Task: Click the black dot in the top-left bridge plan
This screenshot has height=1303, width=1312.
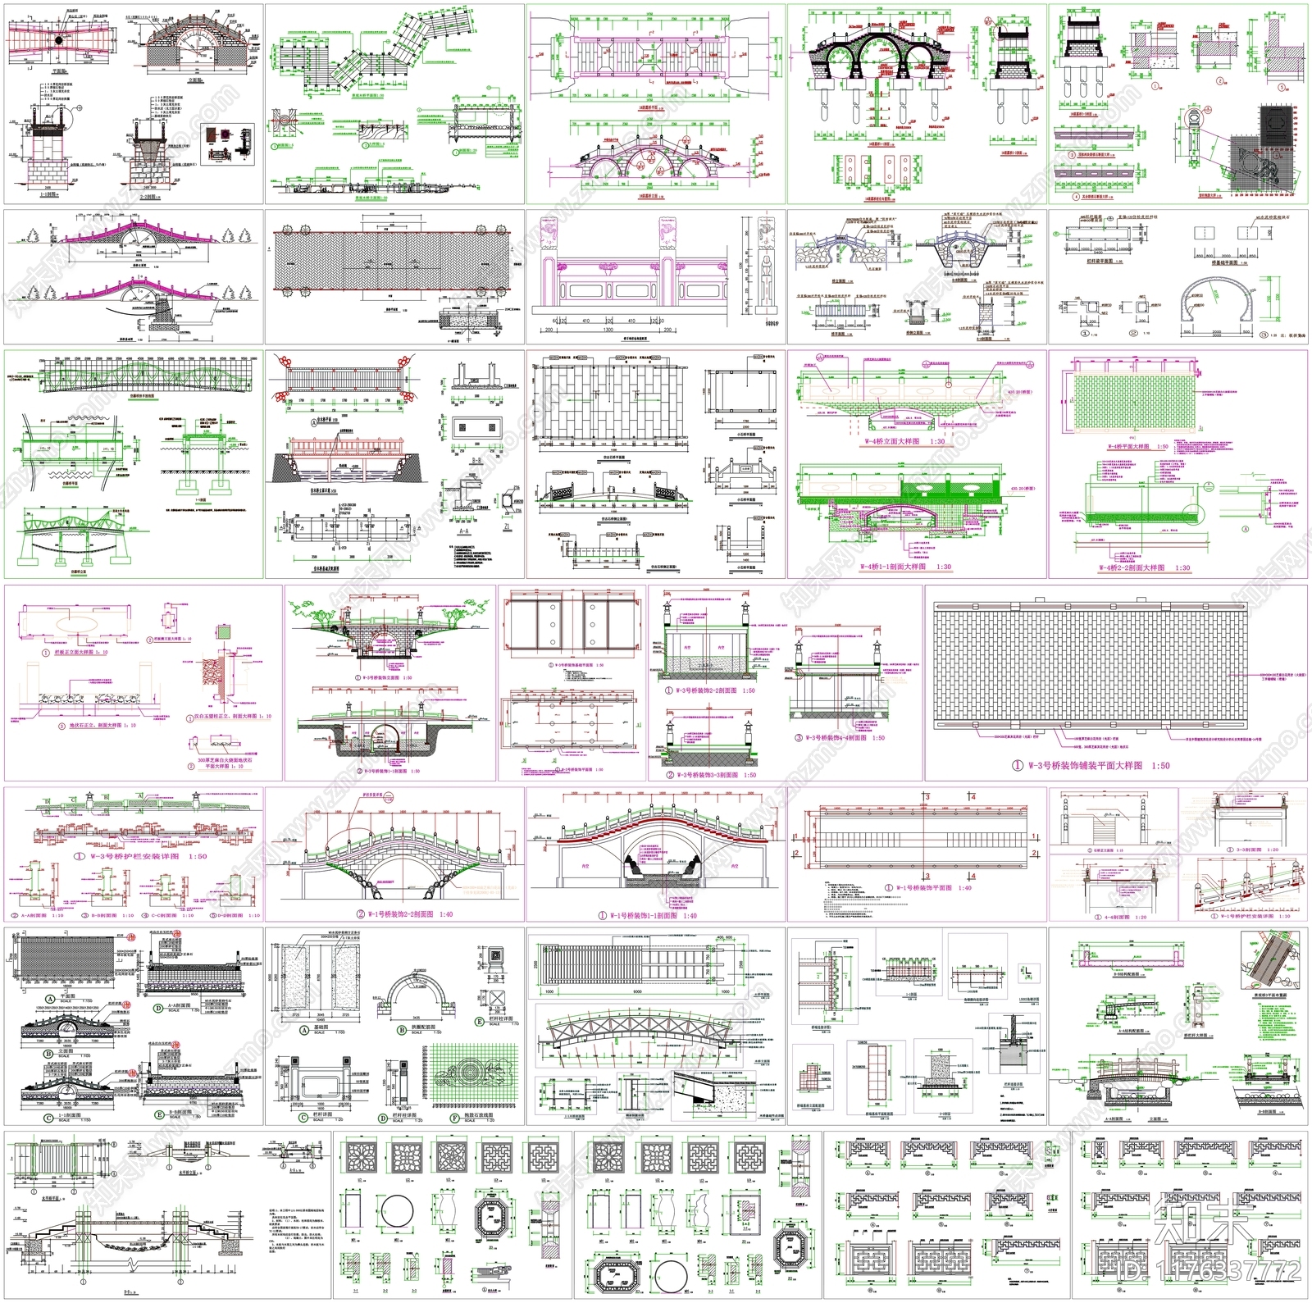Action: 60,39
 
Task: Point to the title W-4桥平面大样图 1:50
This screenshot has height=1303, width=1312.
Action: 1138,447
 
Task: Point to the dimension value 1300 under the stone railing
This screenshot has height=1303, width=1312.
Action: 608,330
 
